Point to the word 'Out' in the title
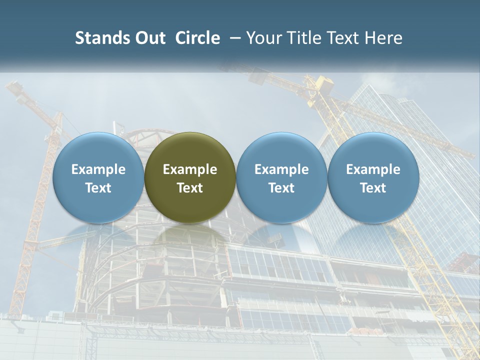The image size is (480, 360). point(148,38)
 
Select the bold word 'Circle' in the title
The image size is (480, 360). point(197,38)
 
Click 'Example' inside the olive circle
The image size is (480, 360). point(190,169)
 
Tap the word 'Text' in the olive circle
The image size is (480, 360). point(190,188)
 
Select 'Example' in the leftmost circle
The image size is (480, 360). point(98,169)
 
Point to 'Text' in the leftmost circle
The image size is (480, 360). point(98,188)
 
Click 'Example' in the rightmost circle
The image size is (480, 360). point(373,169)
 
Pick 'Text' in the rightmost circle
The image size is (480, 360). point(373,188)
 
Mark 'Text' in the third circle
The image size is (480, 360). point(281,188)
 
